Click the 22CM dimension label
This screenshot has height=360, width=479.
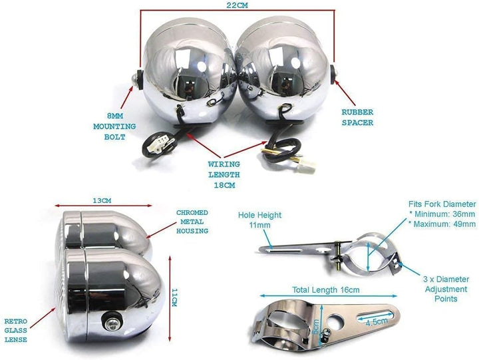pos(237,5)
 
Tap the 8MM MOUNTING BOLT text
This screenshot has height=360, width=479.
pos(114,126)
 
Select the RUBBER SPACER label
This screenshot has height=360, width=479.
pos(357,118)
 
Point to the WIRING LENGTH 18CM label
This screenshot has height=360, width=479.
pos(224,174)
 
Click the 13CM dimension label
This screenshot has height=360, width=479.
pos(102,201)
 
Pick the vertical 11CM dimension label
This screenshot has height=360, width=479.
pos(174,297)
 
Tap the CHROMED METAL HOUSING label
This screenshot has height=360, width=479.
pos(192,222)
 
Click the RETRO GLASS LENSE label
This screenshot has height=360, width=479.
pos(15,330)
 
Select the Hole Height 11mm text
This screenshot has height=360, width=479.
pos(259,220)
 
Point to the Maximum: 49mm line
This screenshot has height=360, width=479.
pos(442,224)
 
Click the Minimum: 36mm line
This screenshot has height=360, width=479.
pos(442,214)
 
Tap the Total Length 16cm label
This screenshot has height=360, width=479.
pos(325,289)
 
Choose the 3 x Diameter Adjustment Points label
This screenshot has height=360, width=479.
pos(446,289)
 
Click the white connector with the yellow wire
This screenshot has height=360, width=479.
pos(307,167)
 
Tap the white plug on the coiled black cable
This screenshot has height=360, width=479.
pos(157,144)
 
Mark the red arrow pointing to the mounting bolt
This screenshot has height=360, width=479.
pos(127,98)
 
